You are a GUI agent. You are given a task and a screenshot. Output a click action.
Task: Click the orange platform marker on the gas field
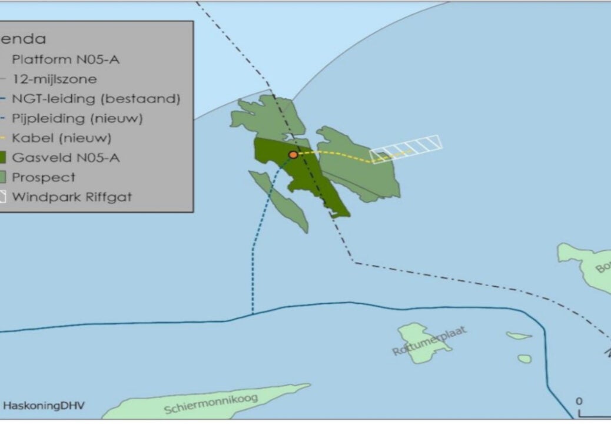tap(293, 155)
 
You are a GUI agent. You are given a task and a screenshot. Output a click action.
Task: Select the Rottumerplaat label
tap(429, 341)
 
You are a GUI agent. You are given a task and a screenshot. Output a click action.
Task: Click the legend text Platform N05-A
tap(66, 59)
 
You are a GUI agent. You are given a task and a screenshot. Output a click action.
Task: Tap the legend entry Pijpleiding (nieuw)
tap(77, 118)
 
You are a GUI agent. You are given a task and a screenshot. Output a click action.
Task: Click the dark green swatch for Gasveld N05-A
tap(2, 158)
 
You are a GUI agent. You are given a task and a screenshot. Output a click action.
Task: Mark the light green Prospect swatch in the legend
tap(2, 177)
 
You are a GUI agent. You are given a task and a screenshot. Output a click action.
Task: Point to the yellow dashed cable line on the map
tap(341, 154)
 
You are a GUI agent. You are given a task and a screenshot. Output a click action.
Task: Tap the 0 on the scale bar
tap(579, 402)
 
